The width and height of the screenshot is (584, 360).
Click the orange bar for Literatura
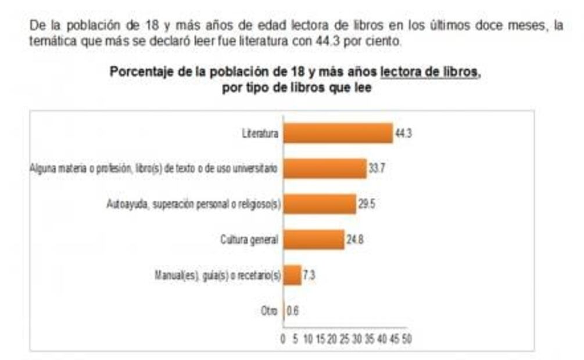tap(338, 134)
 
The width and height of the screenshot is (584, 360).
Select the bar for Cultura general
tap(313, 239)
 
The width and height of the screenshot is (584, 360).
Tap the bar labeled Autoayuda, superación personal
tap(319, 204)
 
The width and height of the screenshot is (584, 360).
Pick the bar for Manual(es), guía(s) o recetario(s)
tap(292, 275)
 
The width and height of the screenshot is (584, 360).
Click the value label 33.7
tap(377, 169)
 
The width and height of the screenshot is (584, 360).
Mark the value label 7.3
tap(309, 275)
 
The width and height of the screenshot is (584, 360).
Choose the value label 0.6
tap(292, 310)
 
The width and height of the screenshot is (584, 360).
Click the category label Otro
tap(269, 310)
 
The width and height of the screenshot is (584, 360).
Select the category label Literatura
tap(260, 134)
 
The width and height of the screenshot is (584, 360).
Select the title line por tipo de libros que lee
tap(296, 88)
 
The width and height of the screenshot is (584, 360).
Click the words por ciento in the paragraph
tap(378, 42)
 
